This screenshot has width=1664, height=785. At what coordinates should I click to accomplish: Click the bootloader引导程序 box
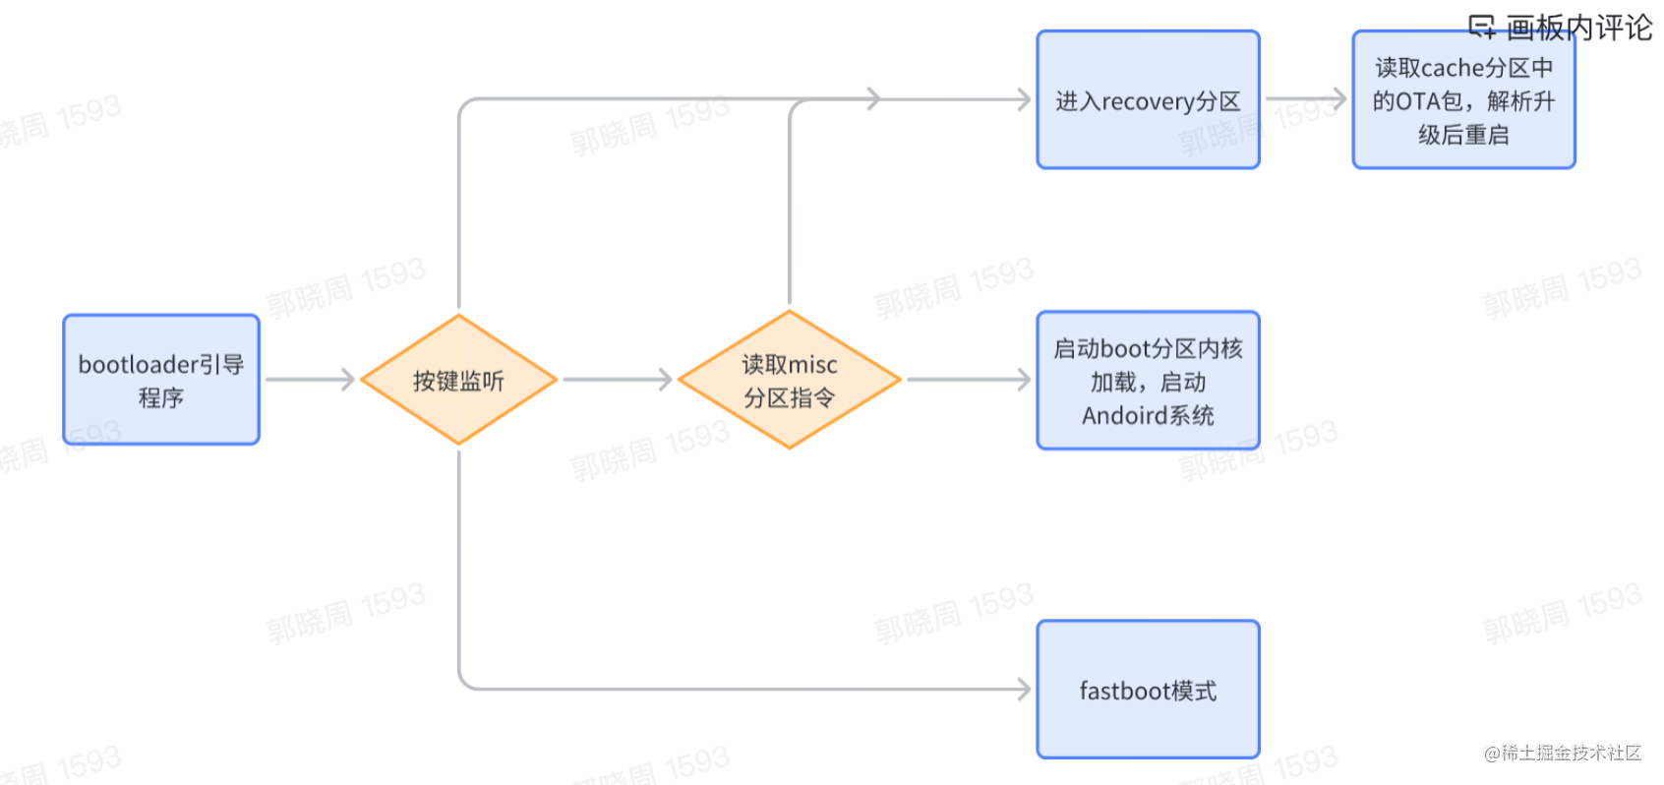pos(161,380)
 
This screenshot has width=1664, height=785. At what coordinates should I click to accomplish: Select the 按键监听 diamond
pos(458,380)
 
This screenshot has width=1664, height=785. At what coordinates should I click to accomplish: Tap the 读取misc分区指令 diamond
pos(789,380)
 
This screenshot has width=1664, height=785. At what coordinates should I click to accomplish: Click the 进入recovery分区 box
pos(1148,99)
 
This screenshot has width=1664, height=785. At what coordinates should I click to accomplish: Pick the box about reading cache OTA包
pos(1463,99)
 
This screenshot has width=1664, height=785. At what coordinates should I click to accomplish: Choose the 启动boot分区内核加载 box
pos(1148,381)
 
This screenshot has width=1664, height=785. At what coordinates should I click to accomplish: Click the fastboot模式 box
pos(1148,690)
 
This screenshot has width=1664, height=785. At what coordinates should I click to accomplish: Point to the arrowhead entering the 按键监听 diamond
pos(347,380)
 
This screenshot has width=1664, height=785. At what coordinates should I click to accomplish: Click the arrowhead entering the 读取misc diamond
pos(666,380)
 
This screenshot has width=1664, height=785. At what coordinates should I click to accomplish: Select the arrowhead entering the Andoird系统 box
pos(1024,380)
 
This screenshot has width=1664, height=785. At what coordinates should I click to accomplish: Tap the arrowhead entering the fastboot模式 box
pos(1024,690)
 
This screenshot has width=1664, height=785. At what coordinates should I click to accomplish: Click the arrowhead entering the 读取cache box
pos(1338,98)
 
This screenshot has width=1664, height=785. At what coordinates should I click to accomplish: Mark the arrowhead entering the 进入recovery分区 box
pos(1024,98)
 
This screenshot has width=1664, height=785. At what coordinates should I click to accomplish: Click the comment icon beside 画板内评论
pos(1481,27)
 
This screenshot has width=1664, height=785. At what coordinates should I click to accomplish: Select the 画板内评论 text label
pos(1578,28)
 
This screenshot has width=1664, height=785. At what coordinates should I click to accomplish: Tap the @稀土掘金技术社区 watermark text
pos(1563,753)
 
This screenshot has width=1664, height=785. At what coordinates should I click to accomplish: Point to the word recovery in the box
pos(1148,102)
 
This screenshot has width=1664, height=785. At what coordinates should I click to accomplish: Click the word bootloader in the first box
pos(138,365)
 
